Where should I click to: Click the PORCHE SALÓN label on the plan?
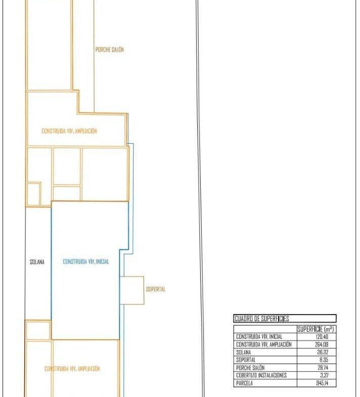click(110, 50)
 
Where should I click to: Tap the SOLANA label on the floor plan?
click(37, 262)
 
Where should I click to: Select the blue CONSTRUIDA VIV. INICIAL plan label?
click(86, 261)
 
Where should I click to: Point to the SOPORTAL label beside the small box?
click(155, 289)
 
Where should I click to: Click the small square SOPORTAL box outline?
click(144, 290)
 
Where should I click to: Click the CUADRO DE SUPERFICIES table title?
click(262, 319)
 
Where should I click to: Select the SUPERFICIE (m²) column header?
click(316, 329)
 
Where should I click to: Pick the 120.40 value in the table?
click(322, 337)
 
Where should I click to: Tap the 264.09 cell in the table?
click(322, 344)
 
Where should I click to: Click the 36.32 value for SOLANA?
click(323, 352)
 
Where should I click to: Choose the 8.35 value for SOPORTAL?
click(324, 360)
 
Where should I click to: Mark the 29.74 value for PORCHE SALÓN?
click(323, 367)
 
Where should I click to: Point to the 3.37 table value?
click(324, 375)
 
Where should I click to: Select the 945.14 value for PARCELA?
click(322, 383)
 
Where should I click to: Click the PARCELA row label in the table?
click(244, 383)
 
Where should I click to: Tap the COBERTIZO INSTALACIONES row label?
click(261, 375)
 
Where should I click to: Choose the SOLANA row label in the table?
click(244, 352)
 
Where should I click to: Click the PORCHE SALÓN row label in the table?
click(250, 368)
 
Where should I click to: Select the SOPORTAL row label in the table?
click(246, 360)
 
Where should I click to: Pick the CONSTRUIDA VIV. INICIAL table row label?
click(259, 337)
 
